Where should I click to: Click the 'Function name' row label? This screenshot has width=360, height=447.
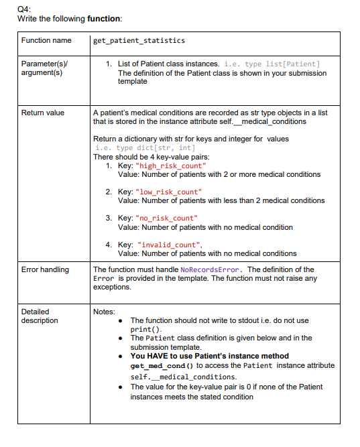[46, 41]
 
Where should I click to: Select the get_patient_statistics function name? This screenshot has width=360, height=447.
[139, 41]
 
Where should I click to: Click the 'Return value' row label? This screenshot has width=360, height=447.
[43, 113]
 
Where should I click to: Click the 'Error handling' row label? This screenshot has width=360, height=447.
[45, 269]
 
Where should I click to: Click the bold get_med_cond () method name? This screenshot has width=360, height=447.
[160, 365]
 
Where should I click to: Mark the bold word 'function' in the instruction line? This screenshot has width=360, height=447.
[104, 18]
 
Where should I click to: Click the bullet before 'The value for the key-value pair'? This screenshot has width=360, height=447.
[119, 387]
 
